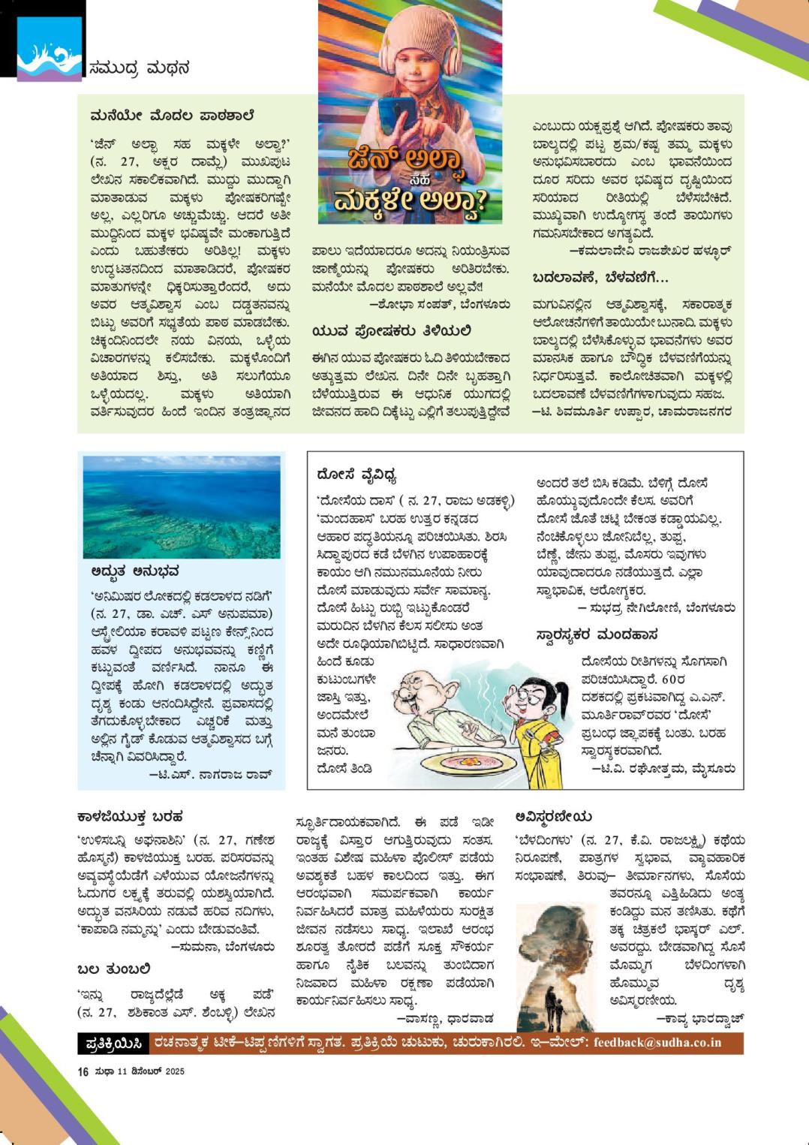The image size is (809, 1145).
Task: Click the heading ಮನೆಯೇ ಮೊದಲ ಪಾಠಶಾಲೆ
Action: pyautogui.click(x=172, y=116)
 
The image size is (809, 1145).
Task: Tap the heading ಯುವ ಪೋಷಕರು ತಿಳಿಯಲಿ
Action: pyautogui.click(x=392, y=330)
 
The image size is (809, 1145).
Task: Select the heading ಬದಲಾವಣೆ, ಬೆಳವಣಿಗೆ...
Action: pyautogui.click(x=600, y=277)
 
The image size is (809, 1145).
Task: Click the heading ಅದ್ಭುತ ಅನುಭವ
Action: pyautogui.click(x=134, y=571)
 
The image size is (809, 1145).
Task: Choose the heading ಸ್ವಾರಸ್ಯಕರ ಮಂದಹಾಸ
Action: pyautogui.click(x=597, y=635)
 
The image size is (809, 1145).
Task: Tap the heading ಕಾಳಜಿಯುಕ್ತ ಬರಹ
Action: pyautogui.click(x=131, y=816)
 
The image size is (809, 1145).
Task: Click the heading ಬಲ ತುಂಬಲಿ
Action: pyautogui.click(x=114, y=969)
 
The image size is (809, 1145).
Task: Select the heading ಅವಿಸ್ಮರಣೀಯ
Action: pyautogui.click(x=554, y=816)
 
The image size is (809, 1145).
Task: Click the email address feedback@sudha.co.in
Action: pyautogui.click(x=657, y=1042)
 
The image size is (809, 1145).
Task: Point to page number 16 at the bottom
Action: pyautogui.click(x=83, y=1071)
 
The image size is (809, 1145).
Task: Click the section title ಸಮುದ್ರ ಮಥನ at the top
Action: pyautogui.click(x=139, y=68)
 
